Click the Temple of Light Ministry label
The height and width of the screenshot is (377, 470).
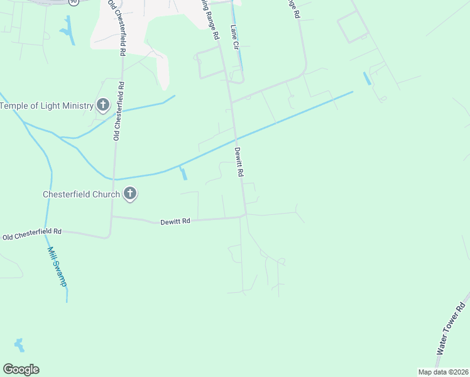(x=46, y=106)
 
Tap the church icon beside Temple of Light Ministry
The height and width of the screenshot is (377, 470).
(x=103, y=105)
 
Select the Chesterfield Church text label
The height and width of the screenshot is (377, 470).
(x=80, y=194)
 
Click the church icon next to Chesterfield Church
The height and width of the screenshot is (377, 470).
(x=130, y=194)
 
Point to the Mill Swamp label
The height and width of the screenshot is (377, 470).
(x=57, y=265)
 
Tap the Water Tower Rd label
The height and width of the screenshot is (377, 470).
(x=451, y=332)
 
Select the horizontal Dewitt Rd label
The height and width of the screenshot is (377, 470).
(x=175, y=221)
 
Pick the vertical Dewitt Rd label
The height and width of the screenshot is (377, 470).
(x=239, y=161)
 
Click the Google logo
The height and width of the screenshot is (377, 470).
(x=21, y=369)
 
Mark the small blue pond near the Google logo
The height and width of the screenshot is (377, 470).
(x=19, y=345)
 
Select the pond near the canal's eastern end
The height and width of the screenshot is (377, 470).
(x=367, y=79)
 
